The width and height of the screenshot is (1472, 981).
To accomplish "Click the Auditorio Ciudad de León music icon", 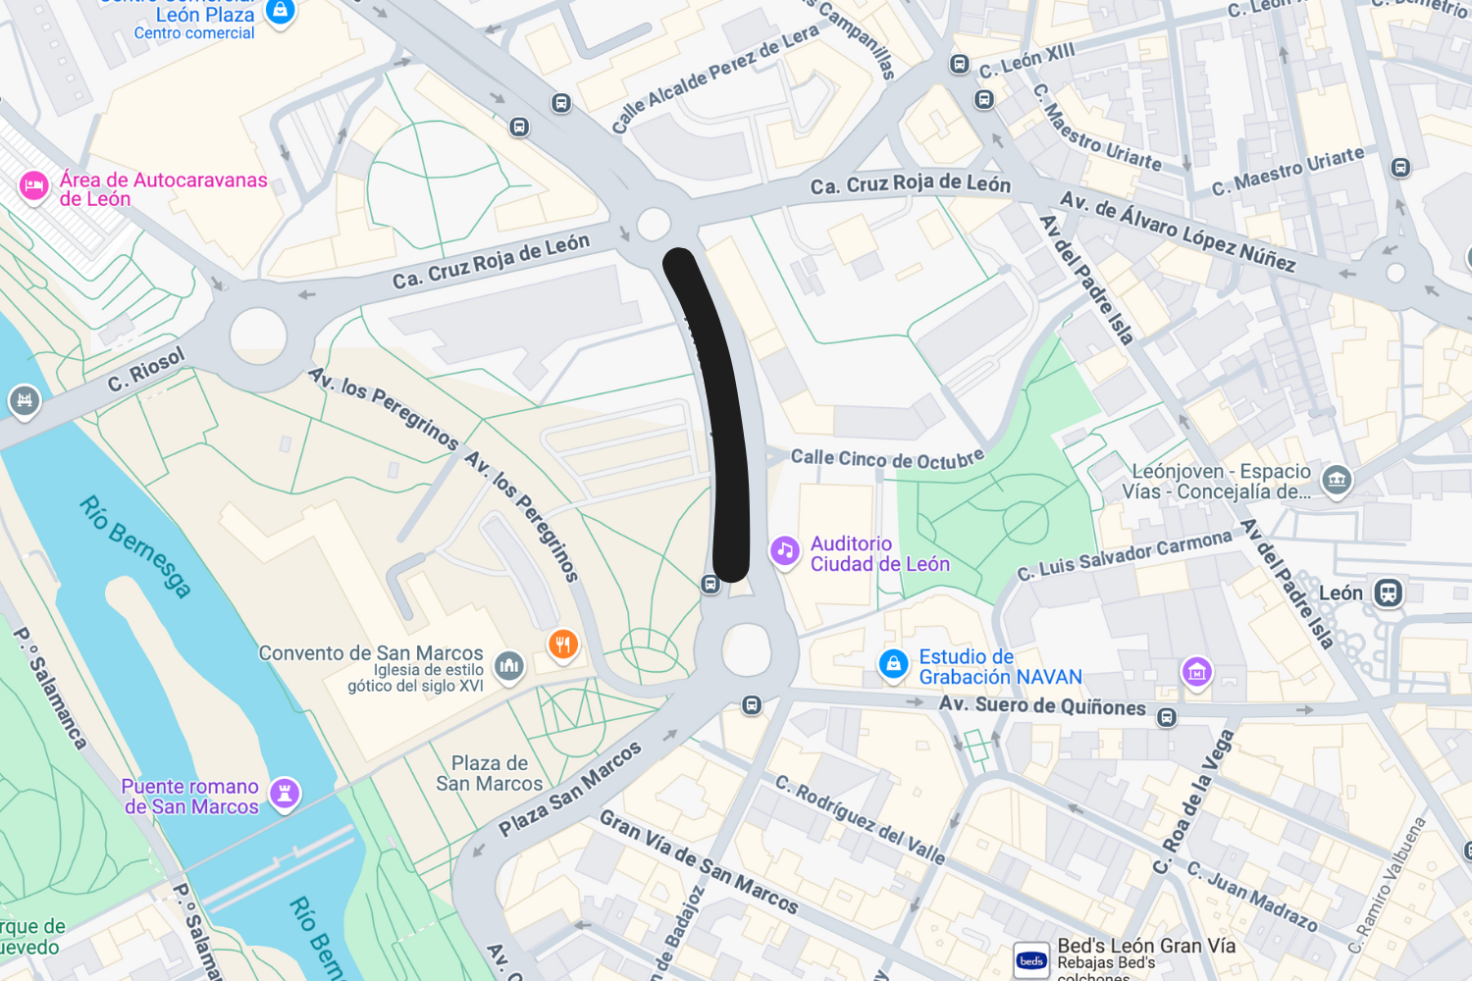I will click(x=784, y=550).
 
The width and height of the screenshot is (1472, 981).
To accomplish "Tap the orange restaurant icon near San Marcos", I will click(x=562, y=645).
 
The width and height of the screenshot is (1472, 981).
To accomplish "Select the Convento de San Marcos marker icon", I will click(x=508, y=666).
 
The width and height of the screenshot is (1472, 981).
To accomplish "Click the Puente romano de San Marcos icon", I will click(x=285, y=793).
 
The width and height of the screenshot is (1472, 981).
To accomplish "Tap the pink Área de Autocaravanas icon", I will click(x=34, y=185).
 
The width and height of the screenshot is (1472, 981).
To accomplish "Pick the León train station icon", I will click(x=1388, y=593).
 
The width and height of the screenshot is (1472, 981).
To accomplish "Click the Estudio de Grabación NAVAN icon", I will click(x=893, y=664).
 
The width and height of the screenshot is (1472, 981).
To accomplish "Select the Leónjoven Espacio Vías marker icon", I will click(x=1336, y=480).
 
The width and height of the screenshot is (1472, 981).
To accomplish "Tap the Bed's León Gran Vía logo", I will click(x=1031, y=960).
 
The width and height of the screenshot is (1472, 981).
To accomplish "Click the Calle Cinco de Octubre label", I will click(x=887, y=458).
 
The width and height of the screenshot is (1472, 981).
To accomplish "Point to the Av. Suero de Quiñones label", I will click(x=1042, y=705).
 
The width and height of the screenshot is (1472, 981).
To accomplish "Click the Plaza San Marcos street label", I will click(x=570, y=789).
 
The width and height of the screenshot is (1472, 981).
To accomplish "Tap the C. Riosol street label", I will click(x=146, y=370).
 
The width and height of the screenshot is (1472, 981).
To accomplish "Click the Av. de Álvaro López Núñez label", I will click(x=1178, y=232).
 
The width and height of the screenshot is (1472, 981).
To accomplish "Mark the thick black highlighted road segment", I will click(x=722, y=412).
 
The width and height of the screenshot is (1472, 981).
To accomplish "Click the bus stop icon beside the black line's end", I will click(x=710, y=584).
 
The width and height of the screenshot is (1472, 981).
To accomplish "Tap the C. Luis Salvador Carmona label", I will click(x=1124, y=556).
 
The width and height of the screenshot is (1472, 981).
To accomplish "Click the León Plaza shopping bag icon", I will click(x=281, y=11).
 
